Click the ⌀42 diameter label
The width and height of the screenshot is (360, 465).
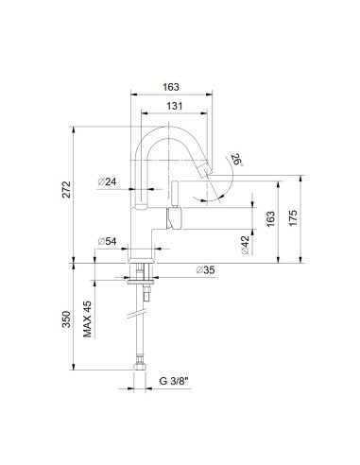pyautogui.click(x=244, y=245)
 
